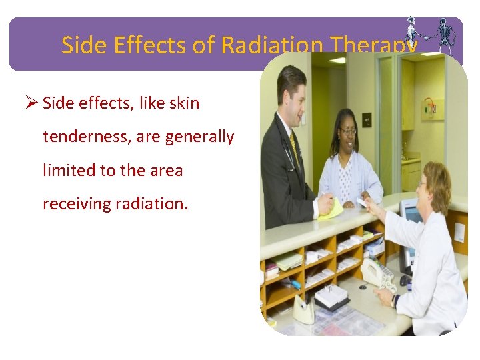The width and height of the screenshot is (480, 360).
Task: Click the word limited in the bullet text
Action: click(69, 171)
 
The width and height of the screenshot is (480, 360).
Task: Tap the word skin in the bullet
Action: click(183, 104)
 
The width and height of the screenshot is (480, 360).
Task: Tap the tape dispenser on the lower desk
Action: click(304, 309)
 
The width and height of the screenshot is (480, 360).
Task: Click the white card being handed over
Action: click(362, 201)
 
